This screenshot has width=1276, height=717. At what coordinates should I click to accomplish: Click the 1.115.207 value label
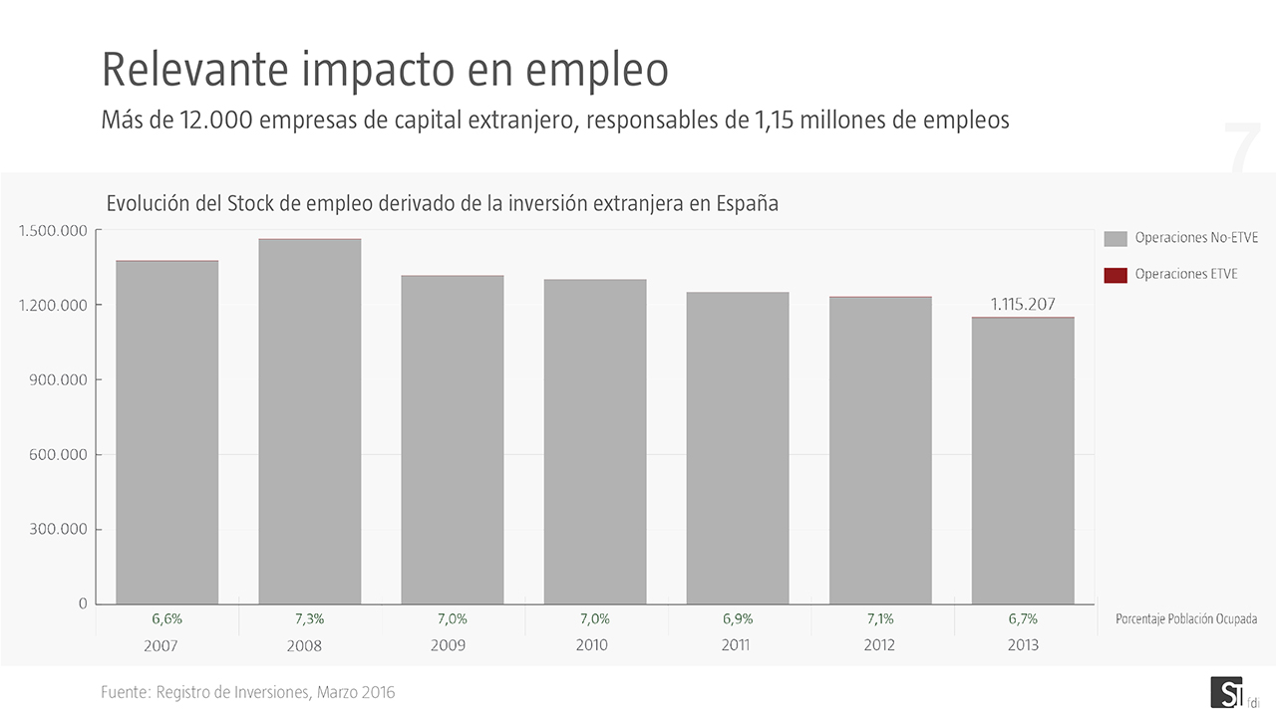(x=1023, y=305)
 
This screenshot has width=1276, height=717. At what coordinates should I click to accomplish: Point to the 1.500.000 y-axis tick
(x=54, y=231)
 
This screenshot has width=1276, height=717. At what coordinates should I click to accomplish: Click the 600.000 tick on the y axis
(x=58, y=454)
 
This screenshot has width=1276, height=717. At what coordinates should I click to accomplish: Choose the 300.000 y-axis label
(x=58, y=529)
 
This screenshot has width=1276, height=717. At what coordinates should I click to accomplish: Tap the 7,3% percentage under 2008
(x=309, y=618)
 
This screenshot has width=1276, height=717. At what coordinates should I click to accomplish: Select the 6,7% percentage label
(x=1023, y=618)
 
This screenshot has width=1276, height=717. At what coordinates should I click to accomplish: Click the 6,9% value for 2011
(x=738, y=618)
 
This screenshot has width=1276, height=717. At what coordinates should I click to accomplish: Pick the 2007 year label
(x=161, y=645)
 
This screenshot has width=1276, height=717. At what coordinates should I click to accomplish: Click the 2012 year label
(x=880, y=645)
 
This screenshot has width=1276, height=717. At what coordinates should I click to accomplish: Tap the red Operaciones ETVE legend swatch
(x=1116, y=275)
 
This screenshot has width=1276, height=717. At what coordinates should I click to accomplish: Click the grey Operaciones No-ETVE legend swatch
(x=1116, y=239)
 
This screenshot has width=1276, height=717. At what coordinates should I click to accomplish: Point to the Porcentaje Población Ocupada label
(x=1186, y=619)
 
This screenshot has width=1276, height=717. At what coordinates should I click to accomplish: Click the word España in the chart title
(x=747, y=203)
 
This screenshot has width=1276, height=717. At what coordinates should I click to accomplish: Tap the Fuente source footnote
(x=248, y=692)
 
